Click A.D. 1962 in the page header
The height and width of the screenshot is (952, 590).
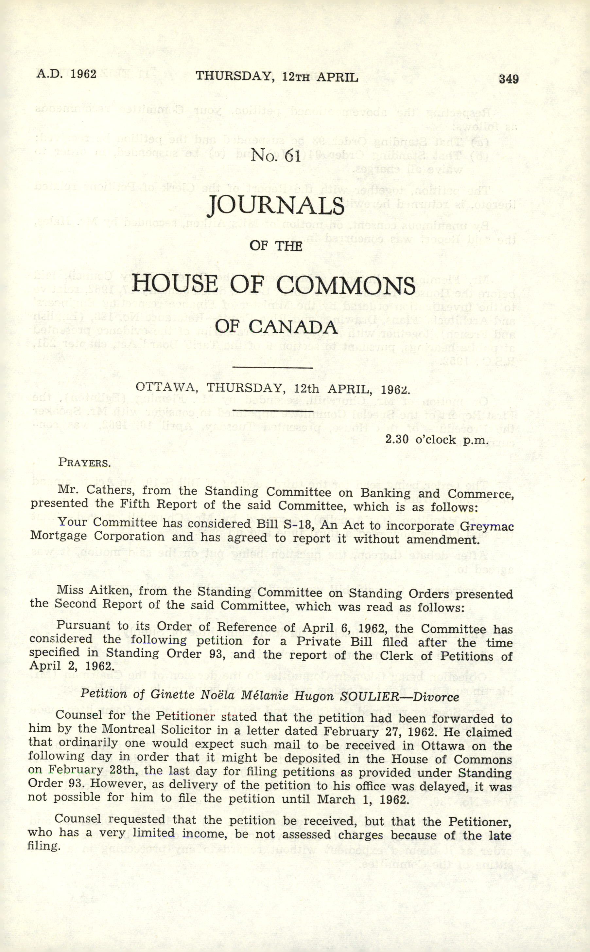tap(66, 74)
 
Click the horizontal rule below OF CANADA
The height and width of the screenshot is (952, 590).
tap(272, 367)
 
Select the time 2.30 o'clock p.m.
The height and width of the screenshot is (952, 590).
tap(437, 440)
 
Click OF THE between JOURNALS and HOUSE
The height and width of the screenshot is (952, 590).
tap(276, 246)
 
